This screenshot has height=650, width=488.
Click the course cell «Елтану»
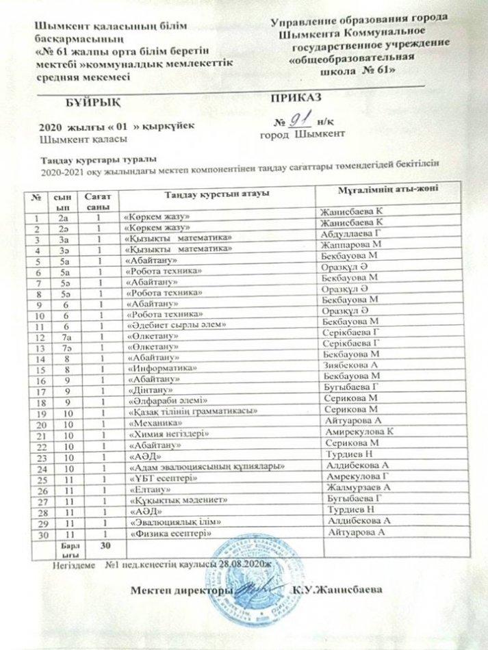(x=144, y=489)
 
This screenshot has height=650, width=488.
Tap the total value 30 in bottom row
(x=105, y=545)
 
